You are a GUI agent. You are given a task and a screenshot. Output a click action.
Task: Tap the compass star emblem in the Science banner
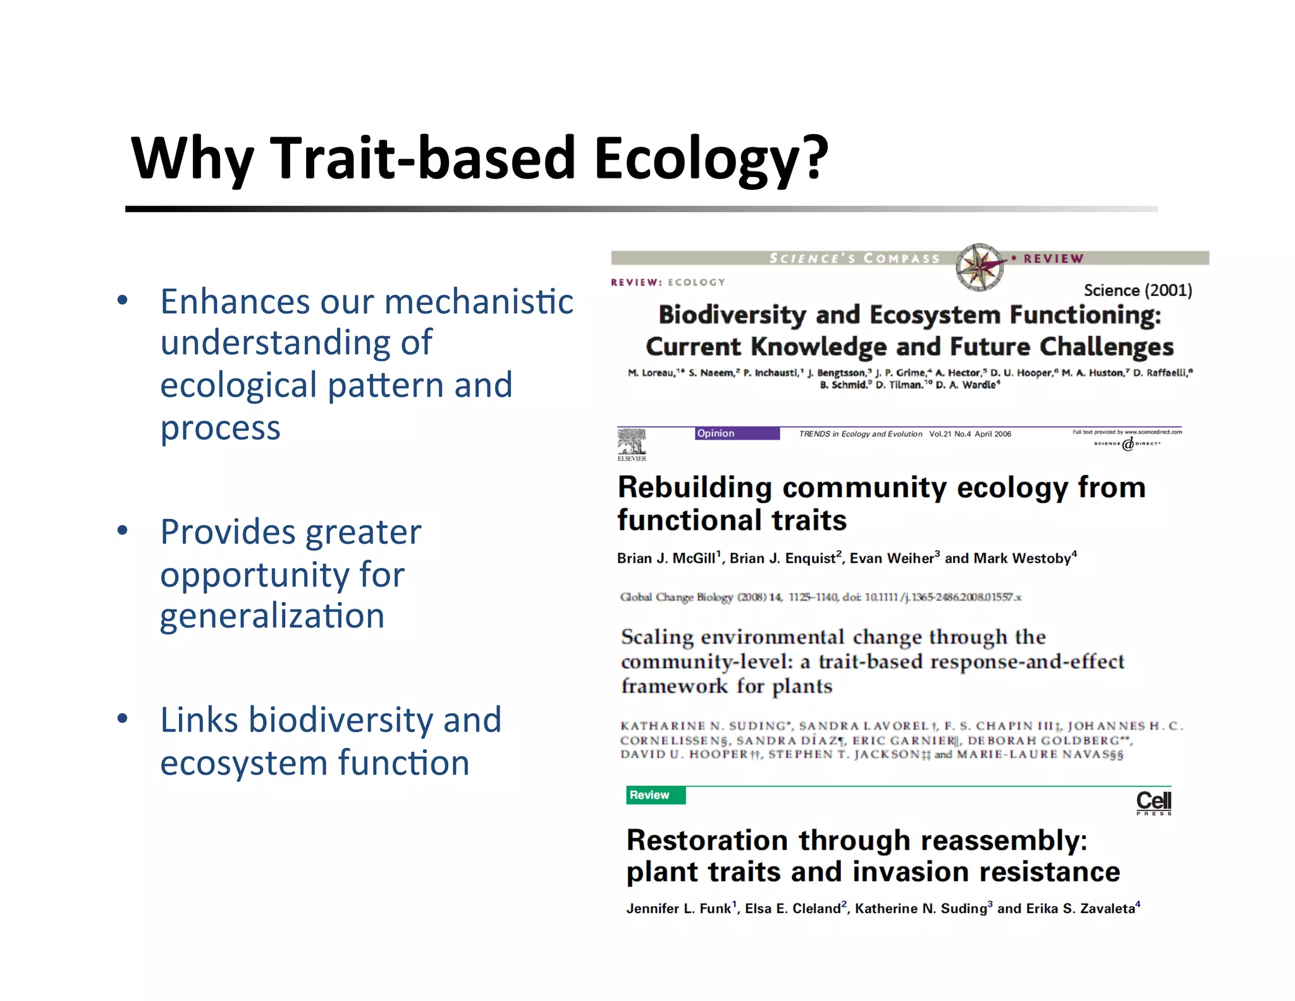(979, 266)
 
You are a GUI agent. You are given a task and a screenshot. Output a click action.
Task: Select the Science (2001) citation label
(1138, 290)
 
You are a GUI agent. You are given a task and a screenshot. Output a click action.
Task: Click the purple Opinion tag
(737, 433)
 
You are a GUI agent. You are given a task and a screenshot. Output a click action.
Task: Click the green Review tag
(655, 795)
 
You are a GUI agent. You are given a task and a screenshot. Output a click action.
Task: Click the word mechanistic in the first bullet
(479, 302)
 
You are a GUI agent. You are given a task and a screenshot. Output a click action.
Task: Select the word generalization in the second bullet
(272, 616)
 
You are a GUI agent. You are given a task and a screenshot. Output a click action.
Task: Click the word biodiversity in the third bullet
(340, 720)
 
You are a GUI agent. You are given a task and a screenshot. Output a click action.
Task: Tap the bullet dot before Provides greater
(123, 530)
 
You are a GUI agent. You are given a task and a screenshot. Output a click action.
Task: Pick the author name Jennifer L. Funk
(678, 909)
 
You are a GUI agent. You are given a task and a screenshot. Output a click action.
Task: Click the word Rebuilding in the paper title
(694, 488)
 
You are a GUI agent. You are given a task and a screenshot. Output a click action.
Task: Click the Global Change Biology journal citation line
(820, 597)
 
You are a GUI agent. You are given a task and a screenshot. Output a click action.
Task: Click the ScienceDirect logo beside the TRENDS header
(1127, 444)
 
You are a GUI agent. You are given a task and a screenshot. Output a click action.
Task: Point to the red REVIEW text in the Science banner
(1053, 259)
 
